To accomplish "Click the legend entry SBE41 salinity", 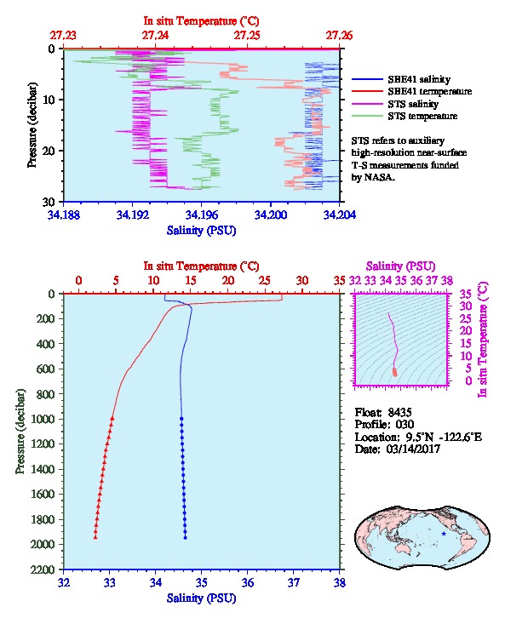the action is [419, 79].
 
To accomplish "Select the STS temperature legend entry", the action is [422, 116].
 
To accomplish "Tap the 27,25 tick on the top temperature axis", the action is [247, 36].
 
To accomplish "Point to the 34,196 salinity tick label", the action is [202, 215].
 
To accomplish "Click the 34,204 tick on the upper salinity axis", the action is [340, 215].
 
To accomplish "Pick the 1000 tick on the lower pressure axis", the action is [43, 419].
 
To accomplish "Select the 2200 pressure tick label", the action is [43, 569].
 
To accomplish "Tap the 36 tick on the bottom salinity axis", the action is [248, 582].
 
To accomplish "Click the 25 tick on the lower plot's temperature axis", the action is [265, 281].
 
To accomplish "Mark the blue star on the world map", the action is [444, 534].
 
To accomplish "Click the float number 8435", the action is [399, 412].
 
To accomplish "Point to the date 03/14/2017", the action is [414, 449].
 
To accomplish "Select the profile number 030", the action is [405, 424].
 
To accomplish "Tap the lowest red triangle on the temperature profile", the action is [95, 537].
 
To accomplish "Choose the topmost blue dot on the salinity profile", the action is [181, 419].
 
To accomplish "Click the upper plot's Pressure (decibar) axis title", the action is [32, 125].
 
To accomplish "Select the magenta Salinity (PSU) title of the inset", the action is [400, 266].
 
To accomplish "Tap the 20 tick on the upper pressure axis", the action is [49, 151].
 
